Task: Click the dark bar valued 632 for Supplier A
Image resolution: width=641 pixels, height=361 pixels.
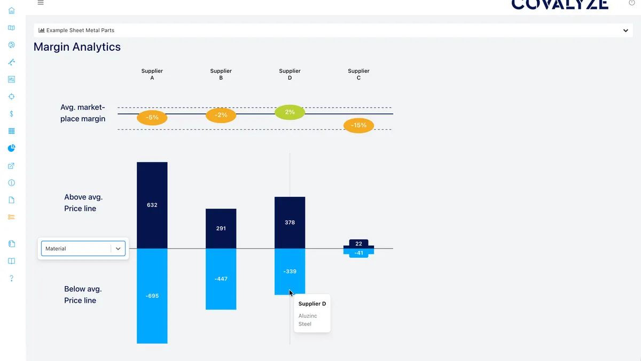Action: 152,205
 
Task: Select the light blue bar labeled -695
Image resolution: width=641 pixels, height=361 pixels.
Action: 152,296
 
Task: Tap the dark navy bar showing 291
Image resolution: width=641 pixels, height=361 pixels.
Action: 221,228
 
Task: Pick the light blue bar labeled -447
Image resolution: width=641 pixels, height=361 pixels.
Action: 221,279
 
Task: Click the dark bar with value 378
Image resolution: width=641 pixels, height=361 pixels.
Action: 290,222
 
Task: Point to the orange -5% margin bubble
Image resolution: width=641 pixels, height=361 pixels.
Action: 152,118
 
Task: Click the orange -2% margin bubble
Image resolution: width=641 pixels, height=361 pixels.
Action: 221,115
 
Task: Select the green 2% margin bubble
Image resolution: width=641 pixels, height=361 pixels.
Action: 290,112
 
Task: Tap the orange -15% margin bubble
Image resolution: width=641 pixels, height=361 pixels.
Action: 358,126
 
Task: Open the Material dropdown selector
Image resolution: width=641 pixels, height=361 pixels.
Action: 83,249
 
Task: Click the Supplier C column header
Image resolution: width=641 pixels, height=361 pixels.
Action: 358,74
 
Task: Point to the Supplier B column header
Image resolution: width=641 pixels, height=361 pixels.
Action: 221,74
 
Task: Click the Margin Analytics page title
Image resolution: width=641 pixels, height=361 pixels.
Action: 77,47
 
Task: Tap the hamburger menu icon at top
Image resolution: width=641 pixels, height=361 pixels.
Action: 41,3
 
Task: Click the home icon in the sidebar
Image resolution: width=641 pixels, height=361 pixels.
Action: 12,11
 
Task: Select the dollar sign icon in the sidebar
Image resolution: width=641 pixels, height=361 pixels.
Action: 12,114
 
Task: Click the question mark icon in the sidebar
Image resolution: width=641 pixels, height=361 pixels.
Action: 12,279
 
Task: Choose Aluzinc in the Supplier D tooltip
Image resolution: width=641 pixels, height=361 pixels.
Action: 308,316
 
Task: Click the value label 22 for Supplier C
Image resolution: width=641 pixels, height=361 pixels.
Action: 358,244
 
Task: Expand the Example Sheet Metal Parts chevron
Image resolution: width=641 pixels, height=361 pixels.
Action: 626,30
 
